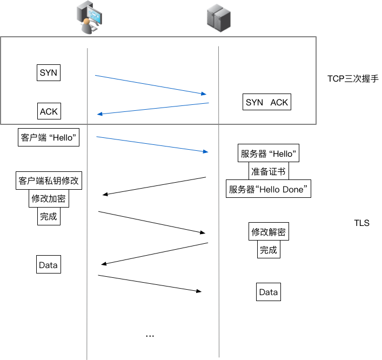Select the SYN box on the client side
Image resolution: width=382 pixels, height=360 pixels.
tap(48, 73)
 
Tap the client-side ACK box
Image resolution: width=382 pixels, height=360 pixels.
tap(49, 111)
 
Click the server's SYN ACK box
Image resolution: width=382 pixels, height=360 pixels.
tap(267, 102)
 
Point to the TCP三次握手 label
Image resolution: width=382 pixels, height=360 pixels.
tap(353, 78)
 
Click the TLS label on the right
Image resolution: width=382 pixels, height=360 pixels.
tap(361, 223)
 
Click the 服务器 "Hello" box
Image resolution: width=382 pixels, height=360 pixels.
tap(269, 153)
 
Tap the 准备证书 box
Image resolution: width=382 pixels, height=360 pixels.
tap(269, 171)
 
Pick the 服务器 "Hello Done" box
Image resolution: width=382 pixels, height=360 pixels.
tap(269, 189)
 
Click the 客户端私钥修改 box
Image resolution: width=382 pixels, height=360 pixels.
tap(49, 181)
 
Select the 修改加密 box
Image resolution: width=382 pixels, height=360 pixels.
tap(49, 199)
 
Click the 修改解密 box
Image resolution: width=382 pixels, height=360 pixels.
tap(268, 232)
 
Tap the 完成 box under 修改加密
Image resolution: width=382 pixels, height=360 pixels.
tap(48, 217)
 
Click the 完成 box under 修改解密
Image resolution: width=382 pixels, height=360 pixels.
tap(268, 250)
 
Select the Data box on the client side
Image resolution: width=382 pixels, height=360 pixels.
tap(48, 265)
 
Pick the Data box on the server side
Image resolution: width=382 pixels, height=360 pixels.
tap(268, 292)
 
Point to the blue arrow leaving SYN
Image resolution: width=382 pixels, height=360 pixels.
tap(151, 85)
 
